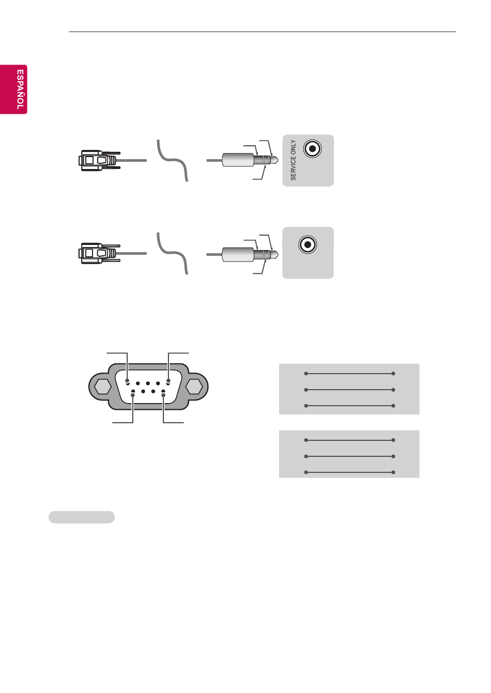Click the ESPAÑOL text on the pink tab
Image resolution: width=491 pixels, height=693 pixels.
(x=20, y=89)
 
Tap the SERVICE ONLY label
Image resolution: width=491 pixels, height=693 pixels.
(x=293, y=160)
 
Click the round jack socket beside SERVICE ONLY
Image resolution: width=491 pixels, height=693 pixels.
(x=313, y=149)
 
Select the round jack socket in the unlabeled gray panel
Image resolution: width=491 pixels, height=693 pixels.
(x=308, y=245)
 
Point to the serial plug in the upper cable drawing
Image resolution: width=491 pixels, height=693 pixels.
(x=99, y=161)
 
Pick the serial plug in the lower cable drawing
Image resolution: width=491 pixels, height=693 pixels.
(x=99, y=253)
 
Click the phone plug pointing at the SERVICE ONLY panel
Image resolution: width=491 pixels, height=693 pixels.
(x=250, y=160)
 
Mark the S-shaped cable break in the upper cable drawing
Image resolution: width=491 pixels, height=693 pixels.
(x=173, y=160)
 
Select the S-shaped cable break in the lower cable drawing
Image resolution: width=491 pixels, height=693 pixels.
(x=173, y=253)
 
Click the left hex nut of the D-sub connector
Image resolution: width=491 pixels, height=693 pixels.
(x=103, y=387)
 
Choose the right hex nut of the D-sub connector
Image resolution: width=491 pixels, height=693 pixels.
(x=194, y=387)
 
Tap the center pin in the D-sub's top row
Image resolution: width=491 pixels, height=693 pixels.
(x=148, y=383)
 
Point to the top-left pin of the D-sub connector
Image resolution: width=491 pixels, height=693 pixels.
(x=127, y=380)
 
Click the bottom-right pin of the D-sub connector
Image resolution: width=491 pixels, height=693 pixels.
(x=163, y=395)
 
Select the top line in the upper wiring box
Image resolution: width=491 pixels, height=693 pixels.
(x=349, y=374)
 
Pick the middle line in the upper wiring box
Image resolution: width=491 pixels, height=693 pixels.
(x=349, y=390)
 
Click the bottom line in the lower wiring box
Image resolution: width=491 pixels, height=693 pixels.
(x=349, y=472)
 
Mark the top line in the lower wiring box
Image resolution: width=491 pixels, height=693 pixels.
(x=349, y=440)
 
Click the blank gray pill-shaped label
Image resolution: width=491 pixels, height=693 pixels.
(x=82, y=517)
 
